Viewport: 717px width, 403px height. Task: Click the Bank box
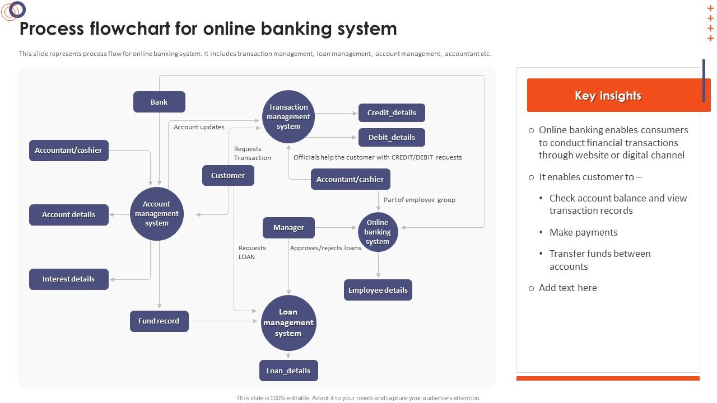pyautogui.click(x=159, y=102)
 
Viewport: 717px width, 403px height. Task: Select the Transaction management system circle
pyautogui.click(x=288, y=116)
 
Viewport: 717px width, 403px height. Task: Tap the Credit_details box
pyautogui.click(x=392, y=113)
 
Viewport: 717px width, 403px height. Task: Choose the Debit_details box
pyautogui.click(x=392, y=137)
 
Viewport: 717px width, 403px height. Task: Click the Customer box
pyautogui.click(x=228, y=175)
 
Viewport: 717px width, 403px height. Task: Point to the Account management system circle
pyautogui.click(x=157, y=213)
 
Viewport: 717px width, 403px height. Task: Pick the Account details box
pyautogui.click(x=68, y=214)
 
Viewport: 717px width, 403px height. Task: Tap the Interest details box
pyautogui.click(x=68, y=279)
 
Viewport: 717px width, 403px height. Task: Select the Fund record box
pyautogui.click(x=159, y=321)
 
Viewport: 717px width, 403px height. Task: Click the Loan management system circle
pyautogui.click(x=288, y=322)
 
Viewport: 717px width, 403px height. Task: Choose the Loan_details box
pyautogui.click(x=288, y=371)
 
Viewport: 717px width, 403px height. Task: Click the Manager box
pyautogui.click(x=288, y=227)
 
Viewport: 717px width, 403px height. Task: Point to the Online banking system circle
pyautogui.click(x=378, y=232)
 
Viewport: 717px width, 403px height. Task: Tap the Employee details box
pyautogui.click(x=378, y=290)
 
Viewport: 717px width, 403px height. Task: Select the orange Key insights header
pyautogui.click(x=608, y=96)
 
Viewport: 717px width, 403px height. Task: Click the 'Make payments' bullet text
pyautogui.click(x=583, y=232)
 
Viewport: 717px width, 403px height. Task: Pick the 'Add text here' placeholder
pyautogui.click(x=567, y=288)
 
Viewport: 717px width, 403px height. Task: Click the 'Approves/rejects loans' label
pyautogui.click(x=325, y=248)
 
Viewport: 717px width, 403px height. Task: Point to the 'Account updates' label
pyautogui.click(x=199, y=127)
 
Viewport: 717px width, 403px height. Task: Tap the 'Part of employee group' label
pyautogui.click(x=419, y=200)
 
